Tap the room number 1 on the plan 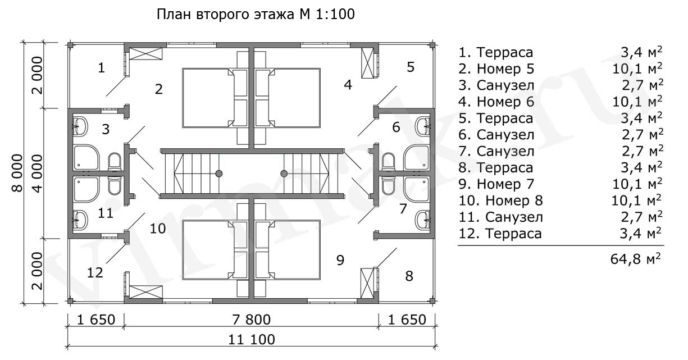click(x=101, y=68)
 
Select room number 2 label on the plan click(x=159, y=89)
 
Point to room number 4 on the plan click(x=348, y=85)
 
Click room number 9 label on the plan click(x=340, y=259)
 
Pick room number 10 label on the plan click(x=158, y=228)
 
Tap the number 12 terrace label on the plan click(x=95, y=272)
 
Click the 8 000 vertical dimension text click(x=17, y=172)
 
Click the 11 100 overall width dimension click(x=252, y=340)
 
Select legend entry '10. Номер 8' click(x=501, y=200)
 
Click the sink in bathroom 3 click(x=80, y=126)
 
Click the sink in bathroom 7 click(x=422, y=218)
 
